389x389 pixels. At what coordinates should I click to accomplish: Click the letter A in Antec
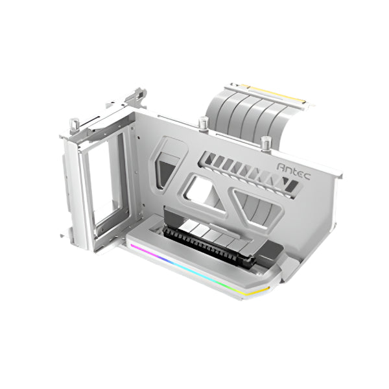(x=281, y=167)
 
